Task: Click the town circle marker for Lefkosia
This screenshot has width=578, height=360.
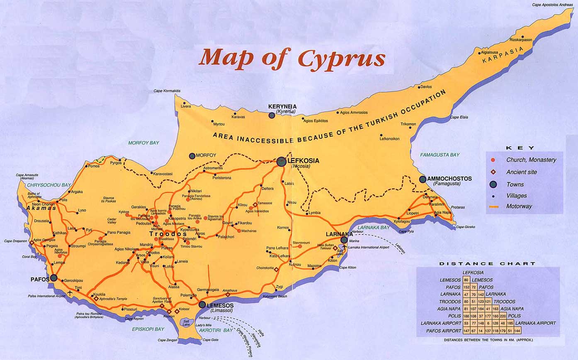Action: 281,162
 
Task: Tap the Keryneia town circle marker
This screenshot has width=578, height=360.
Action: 272,115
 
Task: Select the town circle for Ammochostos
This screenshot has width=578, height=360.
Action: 423,179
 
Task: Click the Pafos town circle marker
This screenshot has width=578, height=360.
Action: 53,278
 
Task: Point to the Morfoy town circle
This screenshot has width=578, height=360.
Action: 192,156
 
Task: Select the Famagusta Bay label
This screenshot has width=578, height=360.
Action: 440,155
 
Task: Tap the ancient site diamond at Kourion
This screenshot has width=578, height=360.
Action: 169,311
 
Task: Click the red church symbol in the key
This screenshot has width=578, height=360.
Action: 493,160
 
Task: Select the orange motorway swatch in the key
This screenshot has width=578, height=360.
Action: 493,206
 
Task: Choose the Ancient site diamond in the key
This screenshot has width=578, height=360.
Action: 493,172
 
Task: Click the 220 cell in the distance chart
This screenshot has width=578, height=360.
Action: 503,316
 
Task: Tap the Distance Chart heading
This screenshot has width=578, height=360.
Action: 487,263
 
